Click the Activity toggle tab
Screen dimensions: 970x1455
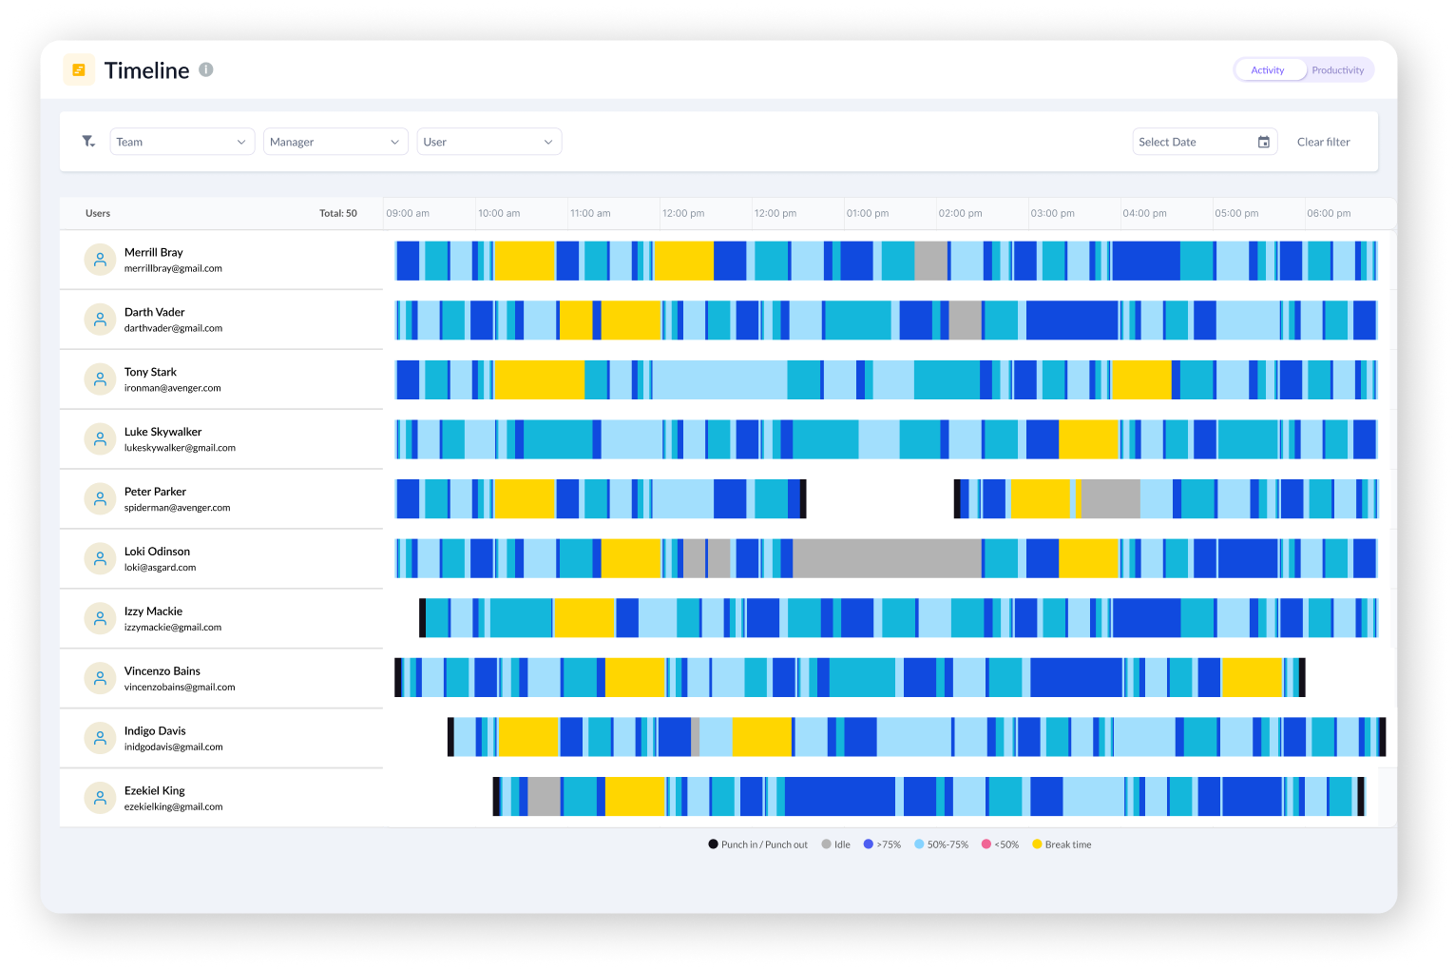tap(1268, 70)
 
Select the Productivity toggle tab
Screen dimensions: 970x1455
tap(1337, 70)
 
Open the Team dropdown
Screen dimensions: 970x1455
tap(182, 142)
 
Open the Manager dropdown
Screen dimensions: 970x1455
tap(335, 142)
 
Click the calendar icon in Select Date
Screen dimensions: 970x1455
tap(1264, 142)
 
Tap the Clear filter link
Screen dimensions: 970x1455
tap(1323, 142)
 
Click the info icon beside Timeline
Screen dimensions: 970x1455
tap(206, 69)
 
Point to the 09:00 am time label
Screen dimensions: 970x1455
tap(408, 213)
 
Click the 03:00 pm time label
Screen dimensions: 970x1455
tap(1052, 213)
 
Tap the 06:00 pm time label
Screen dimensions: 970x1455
tap(1328, 213)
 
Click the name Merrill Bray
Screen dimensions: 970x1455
tap(154, 252)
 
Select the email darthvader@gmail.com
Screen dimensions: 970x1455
tap(173, 328)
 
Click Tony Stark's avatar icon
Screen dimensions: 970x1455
tap(100, 379)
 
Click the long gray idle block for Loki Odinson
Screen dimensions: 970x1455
tap(887, 559)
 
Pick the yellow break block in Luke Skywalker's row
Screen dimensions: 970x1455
tap(1088, 439)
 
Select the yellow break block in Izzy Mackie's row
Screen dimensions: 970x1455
tap(584, 618)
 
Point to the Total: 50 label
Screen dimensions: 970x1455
tap(338, 213)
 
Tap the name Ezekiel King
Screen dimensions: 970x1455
tap(155, 790)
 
